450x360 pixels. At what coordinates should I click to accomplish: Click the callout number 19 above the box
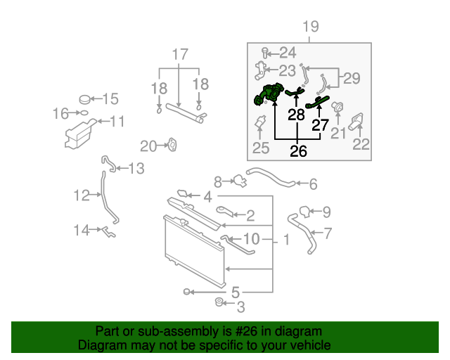pos(310,27)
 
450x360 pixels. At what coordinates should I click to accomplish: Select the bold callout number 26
pos(299,151)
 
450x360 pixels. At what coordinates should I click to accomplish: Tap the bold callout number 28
pos(296,115)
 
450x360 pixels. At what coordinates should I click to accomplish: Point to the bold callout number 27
pos(320,125)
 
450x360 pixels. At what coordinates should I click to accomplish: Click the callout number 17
pos(180,54)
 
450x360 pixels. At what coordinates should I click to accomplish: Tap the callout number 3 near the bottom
pos(240,307)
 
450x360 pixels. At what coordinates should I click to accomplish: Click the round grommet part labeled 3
pos(219,303)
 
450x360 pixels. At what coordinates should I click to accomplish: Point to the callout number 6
pos(313,184)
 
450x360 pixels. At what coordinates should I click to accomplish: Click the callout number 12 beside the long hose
pos(82,195)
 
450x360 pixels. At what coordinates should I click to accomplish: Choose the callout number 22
pos(361,145)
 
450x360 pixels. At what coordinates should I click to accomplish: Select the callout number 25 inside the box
pos(261,148)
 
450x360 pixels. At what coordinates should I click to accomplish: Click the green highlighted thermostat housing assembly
pos(270,94)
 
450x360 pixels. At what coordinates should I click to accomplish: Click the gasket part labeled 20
pos(170,146)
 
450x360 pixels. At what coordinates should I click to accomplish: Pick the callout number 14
pos(82,229)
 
